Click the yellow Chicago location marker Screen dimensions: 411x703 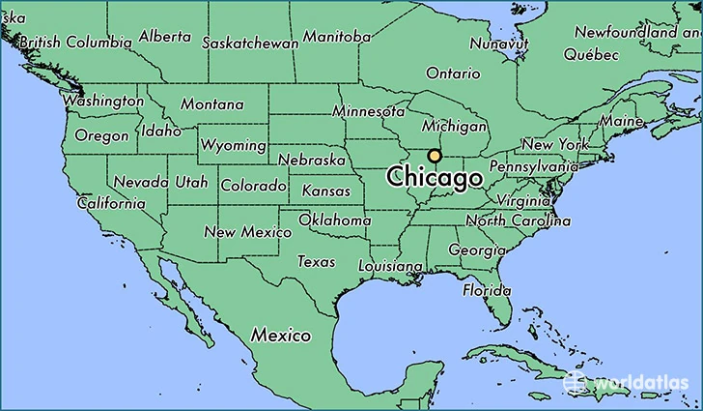[435, 156]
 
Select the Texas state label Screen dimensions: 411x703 [316, 261]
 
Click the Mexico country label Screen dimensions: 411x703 [281, 336]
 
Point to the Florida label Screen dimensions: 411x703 [486, 290]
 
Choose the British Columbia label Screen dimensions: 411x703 [75, 43]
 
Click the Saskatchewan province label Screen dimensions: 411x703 [250, 44]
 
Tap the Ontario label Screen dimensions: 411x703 [452, 73]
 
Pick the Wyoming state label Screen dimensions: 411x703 [233, 145]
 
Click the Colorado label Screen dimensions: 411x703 [253, 185]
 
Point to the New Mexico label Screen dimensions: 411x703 [247, 232]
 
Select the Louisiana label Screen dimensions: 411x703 [390, 266]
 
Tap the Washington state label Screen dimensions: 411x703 [103, 101]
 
